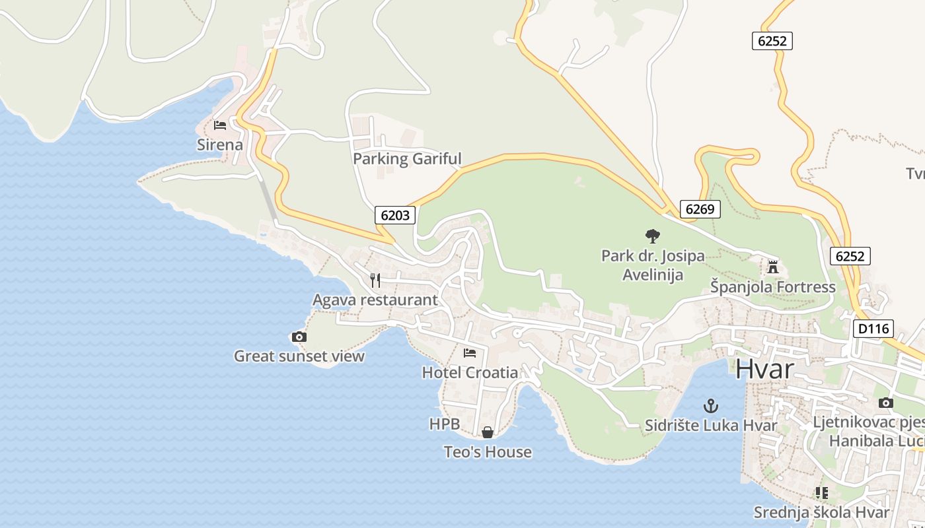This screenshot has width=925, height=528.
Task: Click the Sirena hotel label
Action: click(x=220, y=145)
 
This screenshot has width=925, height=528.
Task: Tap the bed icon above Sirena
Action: click(x=220, y=125)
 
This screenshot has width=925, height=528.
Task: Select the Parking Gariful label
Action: click(x=407, y=158)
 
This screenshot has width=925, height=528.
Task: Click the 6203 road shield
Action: click(x=396, y=214)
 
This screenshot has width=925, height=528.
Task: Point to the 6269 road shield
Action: click(x=700, y=209)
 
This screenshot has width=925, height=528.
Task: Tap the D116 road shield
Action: click(x=873, y=329)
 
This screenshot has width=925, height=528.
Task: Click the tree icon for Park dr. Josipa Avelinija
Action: click(x=653, y=236)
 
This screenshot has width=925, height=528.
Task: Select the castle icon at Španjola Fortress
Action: click(x=773, y=267)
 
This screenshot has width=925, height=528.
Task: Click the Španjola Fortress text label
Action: click(x=773, y=287)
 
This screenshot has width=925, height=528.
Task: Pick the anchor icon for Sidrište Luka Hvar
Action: click(x=711, y=405)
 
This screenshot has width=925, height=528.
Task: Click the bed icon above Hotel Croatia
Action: click(x=470, y=352)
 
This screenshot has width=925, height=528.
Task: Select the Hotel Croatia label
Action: click(x=470, y=372)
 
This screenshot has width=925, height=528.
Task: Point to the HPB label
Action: click(x=444, y=424)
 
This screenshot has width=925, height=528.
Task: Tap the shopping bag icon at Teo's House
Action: click(x=488, y=432)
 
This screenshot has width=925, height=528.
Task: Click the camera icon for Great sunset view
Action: click(x=299, y=337)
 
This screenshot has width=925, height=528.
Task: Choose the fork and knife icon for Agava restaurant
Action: click(x=375, y=280)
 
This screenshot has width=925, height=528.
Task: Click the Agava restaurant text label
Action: click(x=375, y=300)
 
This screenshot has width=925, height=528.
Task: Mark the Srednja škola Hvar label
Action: click(x=821, y=512)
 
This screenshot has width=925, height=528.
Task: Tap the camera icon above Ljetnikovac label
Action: click(x=886, y=403)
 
